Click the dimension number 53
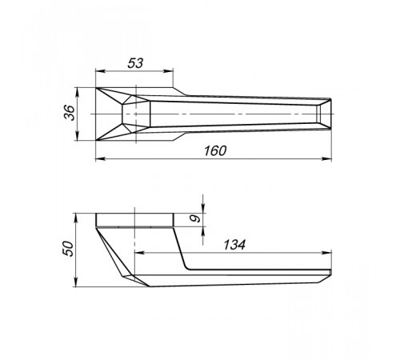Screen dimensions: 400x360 click(x=135, y=63)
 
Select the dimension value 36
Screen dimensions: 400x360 click(x=70, y=113)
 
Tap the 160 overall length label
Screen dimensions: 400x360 click(x=215, y=150)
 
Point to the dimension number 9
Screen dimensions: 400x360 click(x=194, y=218)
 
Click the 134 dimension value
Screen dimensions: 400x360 click(x=234, y=245)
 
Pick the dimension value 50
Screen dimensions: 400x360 click(x=69, y=249)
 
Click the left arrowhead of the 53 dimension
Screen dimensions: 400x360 click(x=101, y=71)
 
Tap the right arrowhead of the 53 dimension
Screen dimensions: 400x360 click(x=168, y=71)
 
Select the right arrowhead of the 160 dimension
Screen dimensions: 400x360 click(x=326, y=159)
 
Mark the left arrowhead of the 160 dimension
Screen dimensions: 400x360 click(x=101, y=159)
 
